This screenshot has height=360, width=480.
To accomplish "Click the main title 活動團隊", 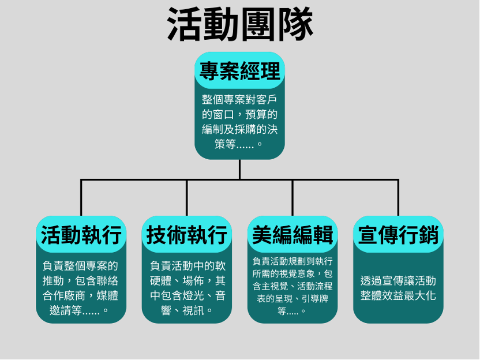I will coord(240,24).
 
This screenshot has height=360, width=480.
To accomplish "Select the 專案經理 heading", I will coord(239,71).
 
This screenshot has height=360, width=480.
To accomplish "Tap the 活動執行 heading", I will coord(81,235).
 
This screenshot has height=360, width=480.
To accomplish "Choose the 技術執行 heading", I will coord(186,235).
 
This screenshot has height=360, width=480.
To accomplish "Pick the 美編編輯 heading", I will coord(292,235).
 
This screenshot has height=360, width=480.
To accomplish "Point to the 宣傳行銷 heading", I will coord(398,235).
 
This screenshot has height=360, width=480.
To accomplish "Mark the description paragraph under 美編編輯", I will coord(292,286).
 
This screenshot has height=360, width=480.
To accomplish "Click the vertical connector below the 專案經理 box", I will coord(239,169).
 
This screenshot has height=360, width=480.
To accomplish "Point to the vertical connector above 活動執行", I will coord(81,197).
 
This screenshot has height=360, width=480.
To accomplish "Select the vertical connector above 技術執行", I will coord(186,197).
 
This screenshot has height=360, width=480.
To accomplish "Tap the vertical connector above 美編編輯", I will coord(292,197).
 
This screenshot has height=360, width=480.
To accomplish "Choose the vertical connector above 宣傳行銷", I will coord(398,197).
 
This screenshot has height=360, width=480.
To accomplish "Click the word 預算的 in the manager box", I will coord(263,114).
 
